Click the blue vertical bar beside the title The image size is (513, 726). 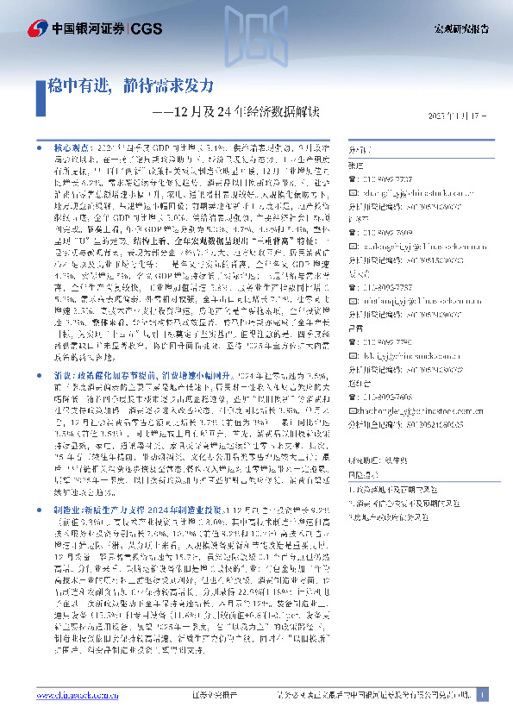click(x=39, y=87)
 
